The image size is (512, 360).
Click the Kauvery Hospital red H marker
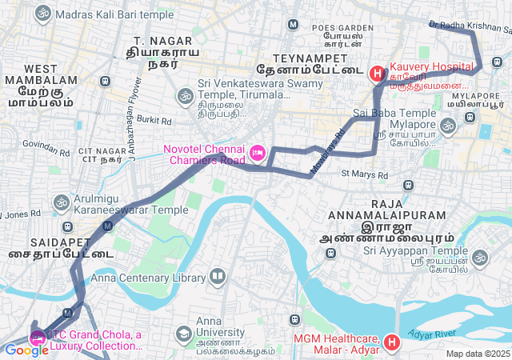point(377,73)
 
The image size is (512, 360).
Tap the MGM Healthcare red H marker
point(391,343)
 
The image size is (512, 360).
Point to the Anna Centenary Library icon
point(218,278)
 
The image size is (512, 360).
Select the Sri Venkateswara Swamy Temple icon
point(184,96)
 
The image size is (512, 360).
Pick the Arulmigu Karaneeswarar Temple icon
point(61,202)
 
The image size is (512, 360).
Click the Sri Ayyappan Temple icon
point(479,258)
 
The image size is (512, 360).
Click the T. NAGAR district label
point(162,40)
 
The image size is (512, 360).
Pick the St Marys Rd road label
point(364,174)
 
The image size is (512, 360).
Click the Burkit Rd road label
point(154,121)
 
